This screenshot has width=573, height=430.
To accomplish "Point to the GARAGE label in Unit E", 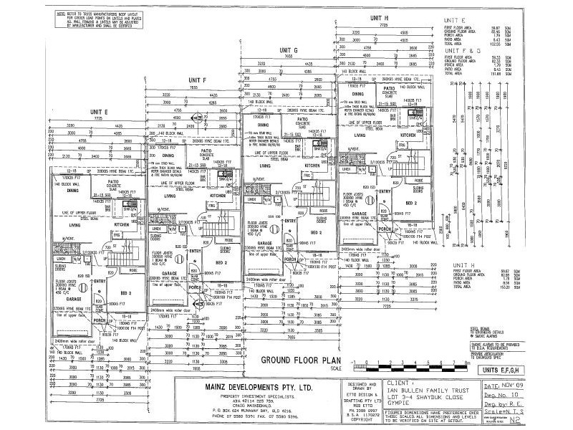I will (77, 278).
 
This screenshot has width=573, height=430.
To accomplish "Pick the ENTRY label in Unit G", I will (290, 221).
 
